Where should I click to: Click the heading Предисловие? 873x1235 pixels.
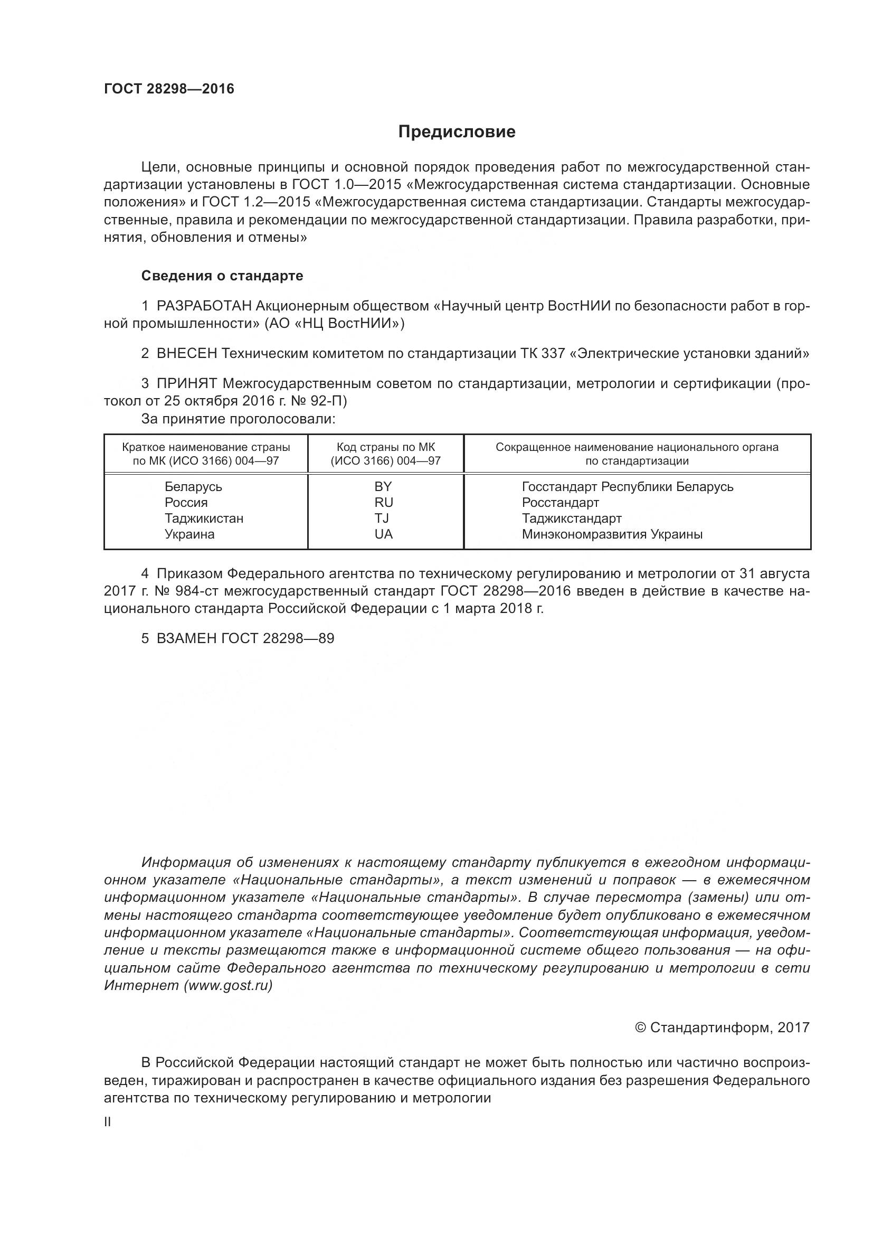click(x=457, y=132)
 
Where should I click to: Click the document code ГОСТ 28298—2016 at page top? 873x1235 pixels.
click(x=169, y=89)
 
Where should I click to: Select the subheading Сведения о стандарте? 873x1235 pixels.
click(x=222, y=276)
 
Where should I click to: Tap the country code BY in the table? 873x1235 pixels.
click(x=383, y=486)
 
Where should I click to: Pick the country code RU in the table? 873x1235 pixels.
click(x=384, y=502)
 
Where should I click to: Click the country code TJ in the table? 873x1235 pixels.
click(x=382, y=518)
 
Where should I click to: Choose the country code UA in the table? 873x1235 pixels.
click(x=384, y=534)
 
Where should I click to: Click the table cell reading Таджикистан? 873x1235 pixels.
click(x=204, y=518)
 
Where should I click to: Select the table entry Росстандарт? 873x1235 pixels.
click(x=560, y=502)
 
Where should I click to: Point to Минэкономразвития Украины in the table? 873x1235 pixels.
click(x=612, y=534)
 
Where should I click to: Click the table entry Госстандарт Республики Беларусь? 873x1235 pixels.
click(x=628, y=486)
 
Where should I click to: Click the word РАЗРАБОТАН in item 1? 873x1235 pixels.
click(x=204, y=306)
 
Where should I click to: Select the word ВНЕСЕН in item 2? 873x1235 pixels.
click(x=187, y=353)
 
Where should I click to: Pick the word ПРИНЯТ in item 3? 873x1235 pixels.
click(x=187, y=383)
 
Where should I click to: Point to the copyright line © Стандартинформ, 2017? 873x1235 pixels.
click(x=722, y=1027)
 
